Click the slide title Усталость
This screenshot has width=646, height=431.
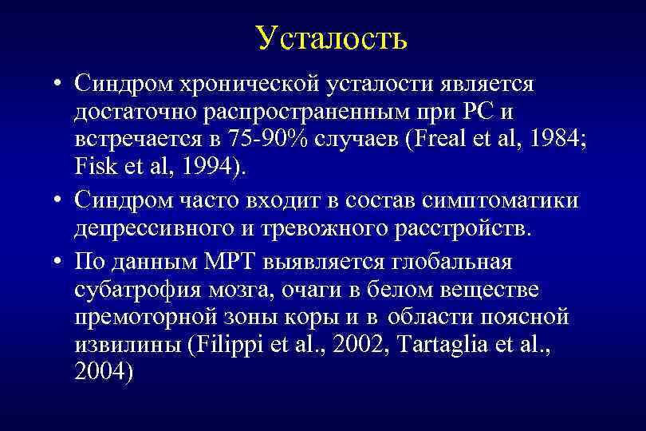tap(332, 38)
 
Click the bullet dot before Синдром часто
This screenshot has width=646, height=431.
tap(60, 200)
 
